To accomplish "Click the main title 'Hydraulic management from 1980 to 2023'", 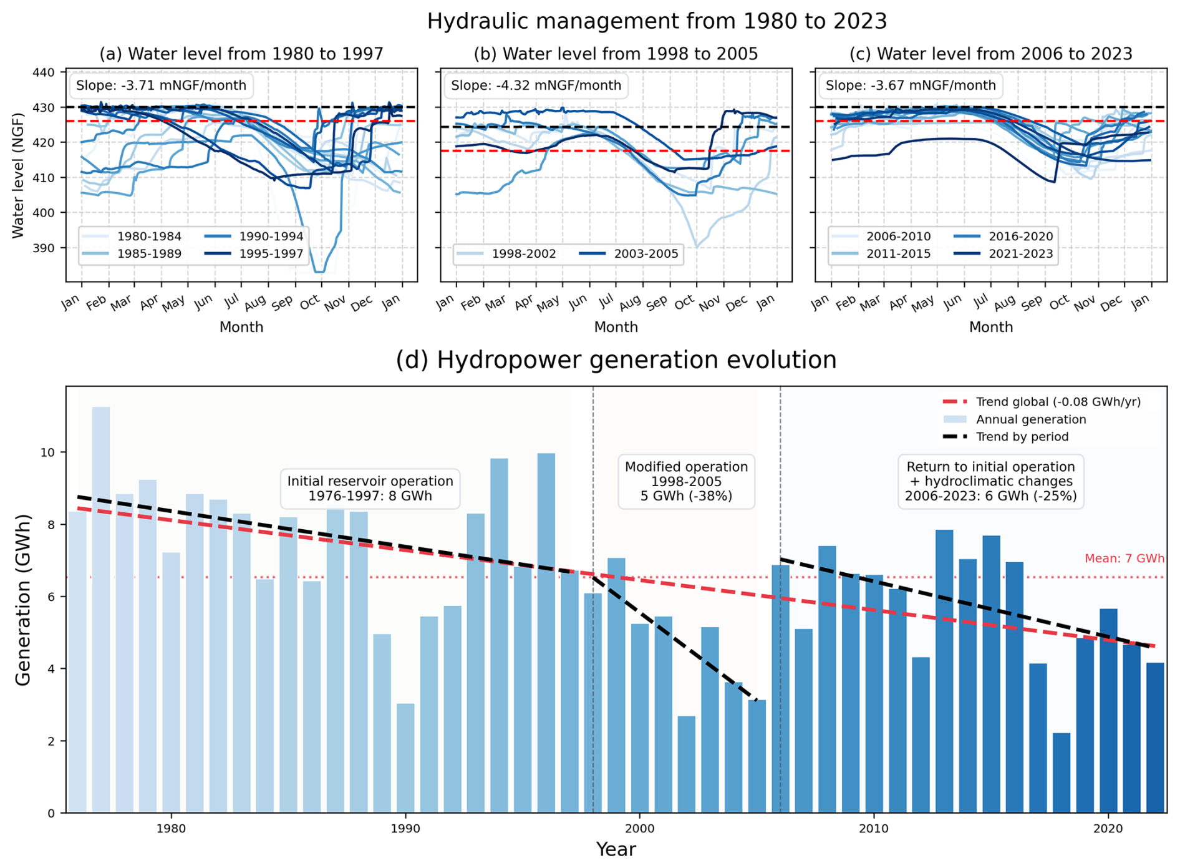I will click(656, 21).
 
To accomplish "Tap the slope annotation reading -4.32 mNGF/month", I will click(536, 85).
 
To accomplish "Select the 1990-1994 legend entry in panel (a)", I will click(271, 237).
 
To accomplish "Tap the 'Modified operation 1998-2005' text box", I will click(686, 481).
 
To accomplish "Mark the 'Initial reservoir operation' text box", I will click(370, 489).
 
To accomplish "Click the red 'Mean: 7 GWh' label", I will click(1124, 558).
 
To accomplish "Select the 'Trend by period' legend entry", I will click(1022, 437).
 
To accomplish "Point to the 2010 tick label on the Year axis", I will click(873, 829).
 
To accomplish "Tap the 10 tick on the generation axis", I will click(47, 452).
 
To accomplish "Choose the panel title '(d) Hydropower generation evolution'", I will click(616, 360).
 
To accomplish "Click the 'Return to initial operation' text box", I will click(990, 481).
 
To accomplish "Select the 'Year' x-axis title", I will click(616, 849).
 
